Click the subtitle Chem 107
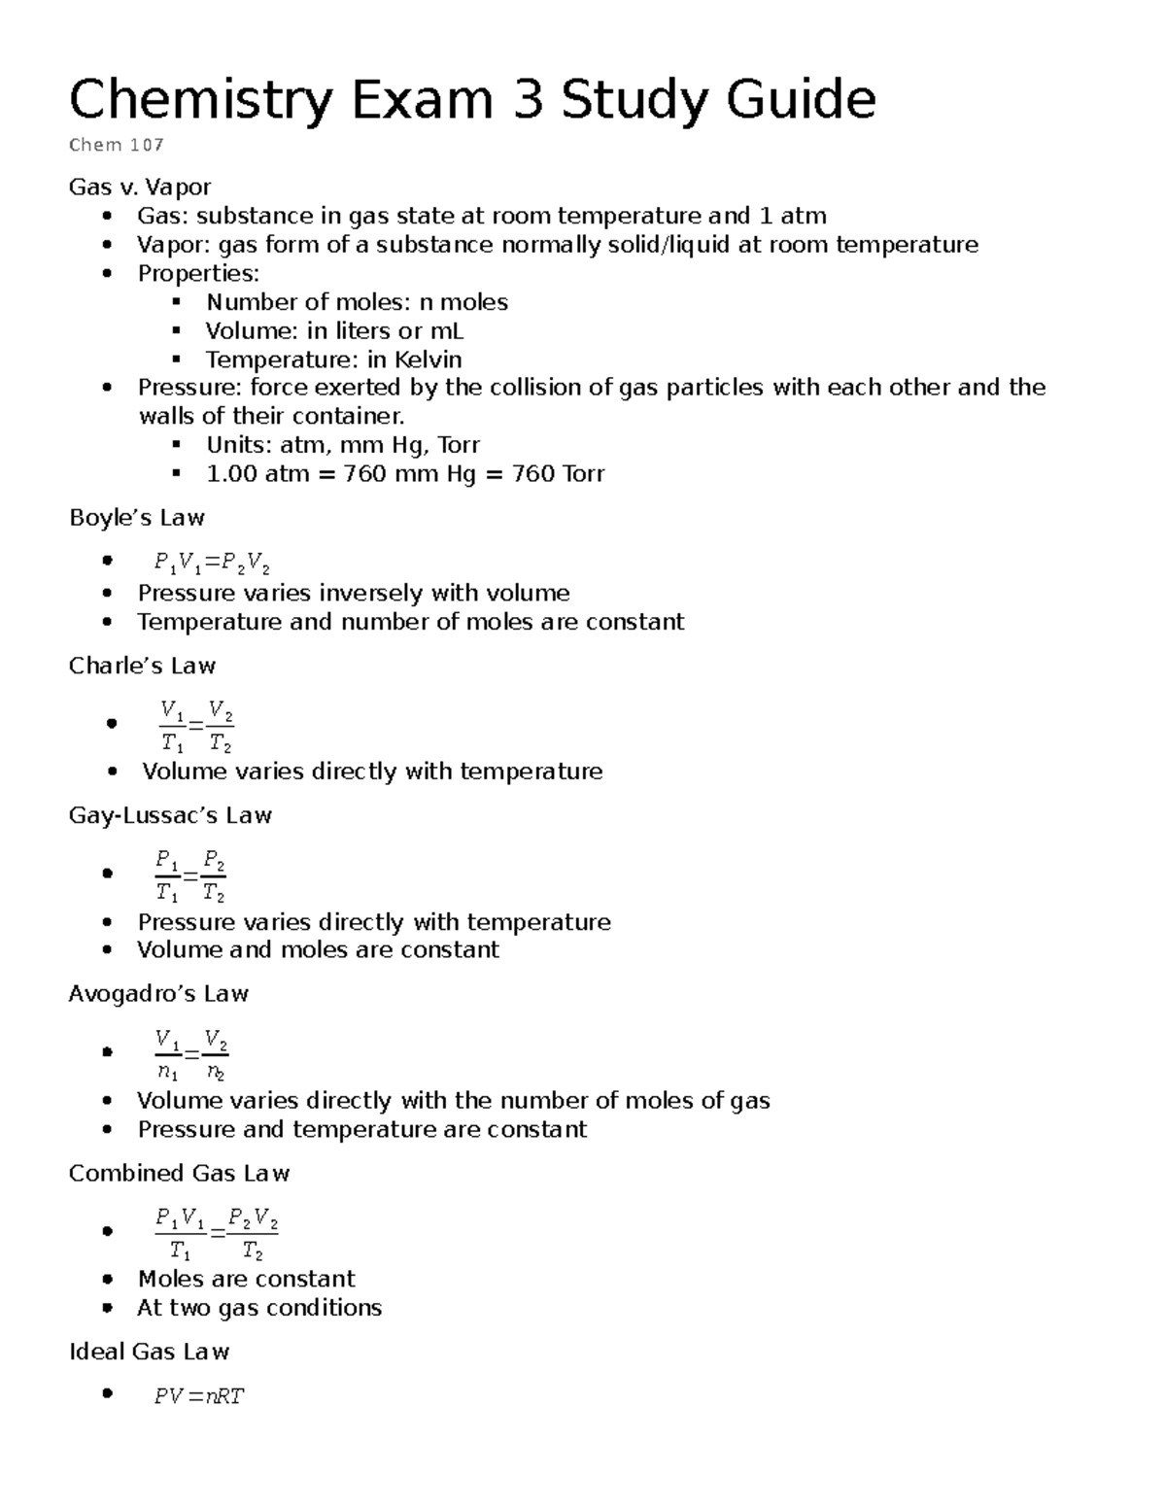[117, 146]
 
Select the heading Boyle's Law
[137, 518]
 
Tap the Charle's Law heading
[142, 667]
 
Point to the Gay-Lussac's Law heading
[170, 815]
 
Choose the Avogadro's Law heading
[158, 994]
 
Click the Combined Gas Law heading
[179, 1174]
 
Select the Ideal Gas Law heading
[149, 1353]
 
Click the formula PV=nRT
[199, 1397]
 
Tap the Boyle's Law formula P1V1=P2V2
[212, 563]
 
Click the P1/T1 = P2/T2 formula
[190, 875]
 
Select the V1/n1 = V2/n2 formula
[192, 1054]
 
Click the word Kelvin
[428, 360]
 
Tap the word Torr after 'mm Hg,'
[459, 445]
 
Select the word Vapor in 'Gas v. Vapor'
[178, 187]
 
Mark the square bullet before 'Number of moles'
[176, 302]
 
